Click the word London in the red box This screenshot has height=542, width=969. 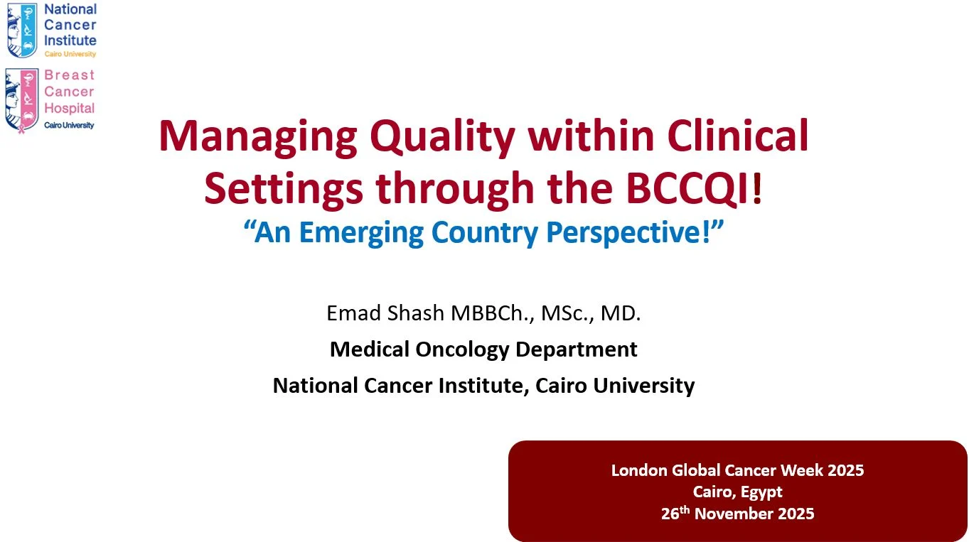(x=639, y=470)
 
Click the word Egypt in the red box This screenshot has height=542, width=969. (x=762, y=492)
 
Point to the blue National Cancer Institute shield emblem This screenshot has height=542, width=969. (x=22, y=30)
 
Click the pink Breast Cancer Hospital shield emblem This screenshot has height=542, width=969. (x=22, y=99)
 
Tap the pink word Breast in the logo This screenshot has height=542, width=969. (x=69, y=75)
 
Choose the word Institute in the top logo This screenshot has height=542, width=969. (x=70, y=40)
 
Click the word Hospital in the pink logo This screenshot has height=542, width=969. (x=69, y=109)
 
